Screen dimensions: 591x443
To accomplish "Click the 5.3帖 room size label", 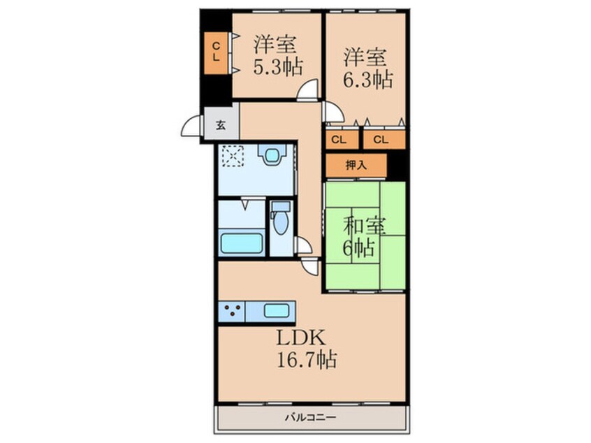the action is [278, 67].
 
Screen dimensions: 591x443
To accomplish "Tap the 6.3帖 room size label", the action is [367, 80].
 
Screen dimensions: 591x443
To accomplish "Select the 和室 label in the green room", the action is [365, 226].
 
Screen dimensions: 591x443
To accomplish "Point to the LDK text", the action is [300, 338].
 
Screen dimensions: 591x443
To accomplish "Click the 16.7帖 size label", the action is [307, 359].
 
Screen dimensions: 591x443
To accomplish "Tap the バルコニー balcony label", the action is [310, 417].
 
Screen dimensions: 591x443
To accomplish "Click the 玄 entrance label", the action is [221, 125].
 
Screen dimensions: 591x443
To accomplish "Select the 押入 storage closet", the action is [356, 165].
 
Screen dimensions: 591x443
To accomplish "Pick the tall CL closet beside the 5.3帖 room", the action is [216, 53].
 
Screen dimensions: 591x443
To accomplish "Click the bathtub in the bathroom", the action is [242, 243].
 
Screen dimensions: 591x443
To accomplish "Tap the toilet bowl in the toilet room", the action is [280, 224].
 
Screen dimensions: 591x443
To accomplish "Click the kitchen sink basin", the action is [277, 311].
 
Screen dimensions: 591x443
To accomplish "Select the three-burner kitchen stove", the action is [232, 312].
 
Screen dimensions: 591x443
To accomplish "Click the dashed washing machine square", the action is [233, 156].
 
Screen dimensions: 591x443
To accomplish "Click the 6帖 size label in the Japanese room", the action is [358, 248].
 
